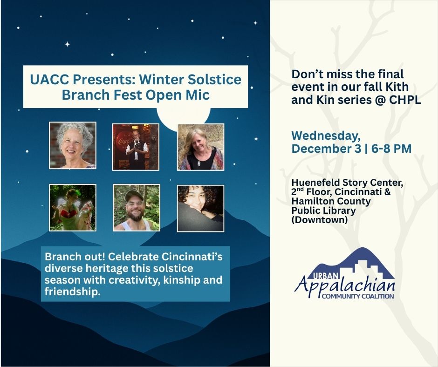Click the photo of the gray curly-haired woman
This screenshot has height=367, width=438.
coord(73,145)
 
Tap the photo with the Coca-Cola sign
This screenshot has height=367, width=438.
coord(136,147)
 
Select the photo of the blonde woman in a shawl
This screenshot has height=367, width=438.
coord(200,147)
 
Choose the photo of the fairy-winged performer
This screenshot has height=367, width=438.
coord(73,208)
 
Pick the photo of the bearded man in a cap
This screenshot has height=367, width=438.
coord(137,208)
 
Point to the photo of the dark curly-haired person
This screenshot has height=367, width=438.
coord(200,208)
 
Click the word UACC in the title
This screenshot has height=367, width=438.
coord(49,79)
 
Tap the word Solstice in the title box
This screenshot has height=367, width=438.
coord(214,79)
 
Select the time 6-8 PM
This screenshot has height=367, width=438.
coord(391,149)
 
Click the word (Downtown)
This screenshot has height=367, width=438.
coord(320,220)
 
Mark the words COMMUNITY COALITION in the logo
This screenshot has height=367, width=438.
coord(358,296)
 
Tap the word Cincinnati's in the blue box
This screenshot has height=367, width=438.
coord(192,257)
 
